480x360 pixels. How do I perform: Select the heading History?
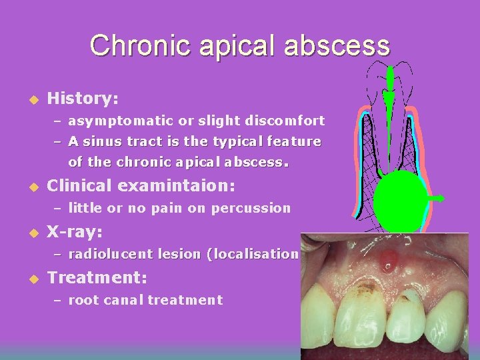(83, 99)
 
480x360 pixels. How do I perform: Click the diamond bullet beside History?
(29, 99)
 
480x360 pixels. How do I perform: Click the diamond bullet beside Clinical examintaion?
(29, 187)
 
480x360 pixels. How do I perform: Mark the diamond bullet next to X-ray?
(29, 233)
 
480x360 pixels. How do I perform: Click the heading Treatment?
(97, 277)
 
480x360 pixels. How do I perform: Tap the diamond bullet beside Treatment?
(29, 278)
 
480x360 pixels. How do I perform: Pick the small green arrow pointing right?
(438, 198)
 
